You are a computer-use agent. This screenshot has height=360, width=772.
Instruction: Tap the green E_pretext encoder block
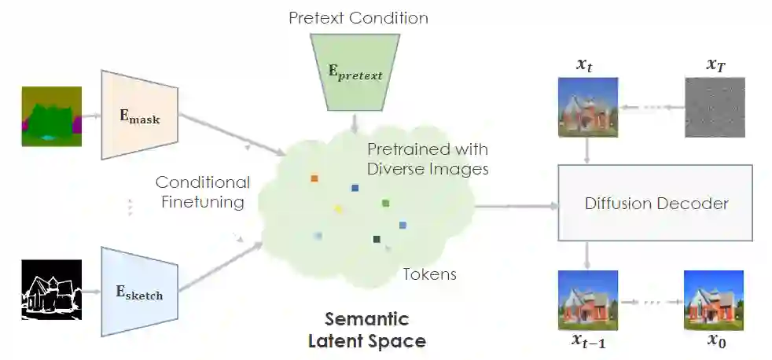tap(355, 74)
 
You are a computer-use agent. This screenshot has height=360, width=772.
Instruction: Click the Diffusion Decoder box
tap(656, 204)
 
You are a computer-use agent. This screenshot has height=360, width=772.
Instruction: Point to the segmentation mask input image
tap(51, 116)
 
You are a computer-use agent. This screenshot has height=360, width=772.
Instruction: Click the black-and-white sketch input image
tap(51, 290)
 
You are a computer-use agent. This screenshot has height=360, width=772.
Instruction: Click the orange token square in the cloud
tap(314, 178)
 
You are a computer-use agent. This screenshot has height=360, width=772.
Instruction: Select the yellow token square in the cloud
tap(339, 209)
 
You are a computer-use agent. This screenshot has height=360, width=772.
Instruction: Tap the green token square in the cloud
tap(385, 204)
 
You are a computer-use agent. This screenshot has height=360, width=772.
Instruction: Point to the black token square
tap(377, 239)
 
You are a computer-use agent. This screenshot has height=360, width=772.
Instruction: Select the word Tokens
tap(429, 274)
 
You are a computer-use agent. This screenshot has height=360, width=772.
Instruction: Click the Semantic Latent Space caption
tap(367, 330)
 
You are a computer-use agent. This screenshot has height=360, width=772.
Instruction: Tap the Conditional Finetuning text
tap(203, 193)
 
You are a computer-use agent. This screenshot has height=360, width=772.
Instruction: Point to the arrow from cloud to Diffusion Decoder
tap(515, 206)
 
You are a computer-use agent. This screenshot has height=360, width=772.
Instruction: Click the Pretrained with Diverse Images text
tap(427, 159)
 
